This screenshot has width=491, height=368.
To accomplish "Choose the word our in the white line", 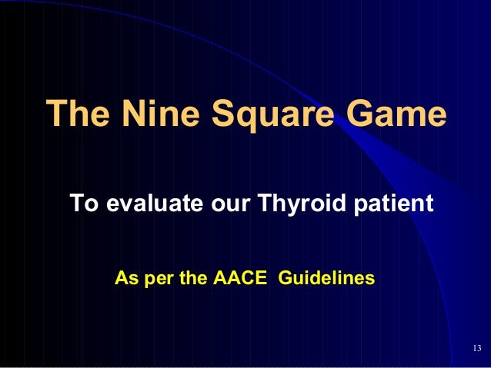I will tap(229, 205).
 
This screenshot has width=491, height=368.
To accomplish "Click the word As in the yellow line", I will tap(123, 277).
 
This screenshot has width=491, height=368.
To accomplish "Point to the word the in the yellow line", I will tap(192, 277).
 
